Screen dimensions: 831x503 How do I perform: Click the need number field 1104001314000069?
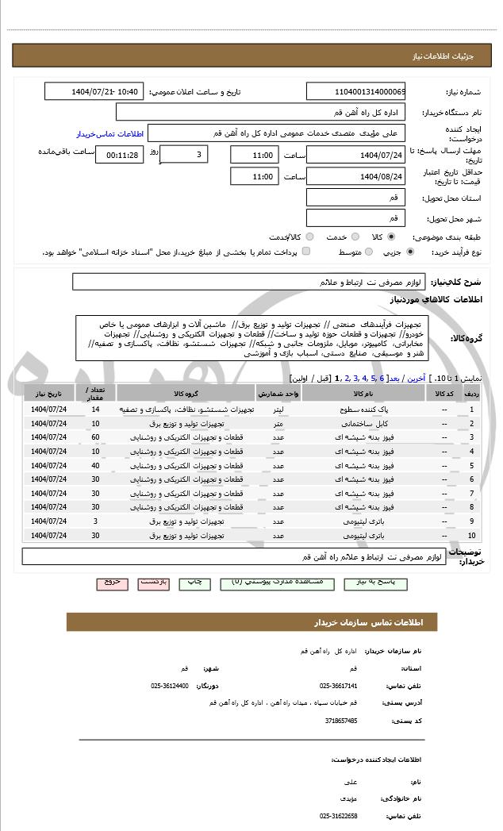pos(356,92)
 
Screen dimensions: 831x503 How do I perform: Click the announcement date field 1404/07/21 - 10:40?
pos(94,92)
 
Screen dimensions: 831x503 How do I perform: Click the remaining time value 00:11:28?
pos(119,156)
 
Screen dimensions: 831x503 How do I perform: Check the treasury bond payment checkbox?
pos(306,252)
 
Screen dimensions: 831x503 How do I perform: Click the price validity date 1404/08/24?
pos(356,177)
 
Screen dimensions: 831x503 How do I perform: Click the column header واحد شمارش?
pos(278,393)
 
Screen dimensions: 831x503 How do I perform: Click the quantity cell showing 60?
pos(95,437)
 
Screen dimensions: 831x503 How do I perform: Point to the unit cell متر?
pos(278,424)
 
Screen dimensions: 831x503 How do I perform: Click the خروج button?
pos(112,582)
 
